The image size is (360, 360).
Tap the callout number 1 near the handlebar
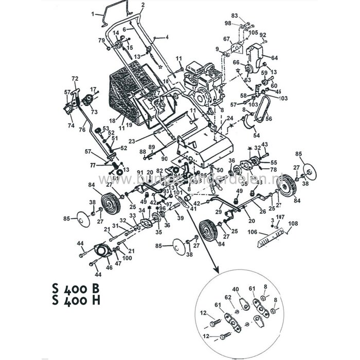(x=93, y=14)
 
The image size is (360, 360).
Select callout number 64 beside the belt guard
(x=274, y=58)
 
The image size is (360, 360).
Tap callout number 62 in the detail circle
(x=227, y=297)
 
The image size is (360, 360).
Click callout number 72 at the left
(x=75, y=78)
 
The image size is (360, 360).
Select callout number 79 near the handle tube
(x=101, y=40)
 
